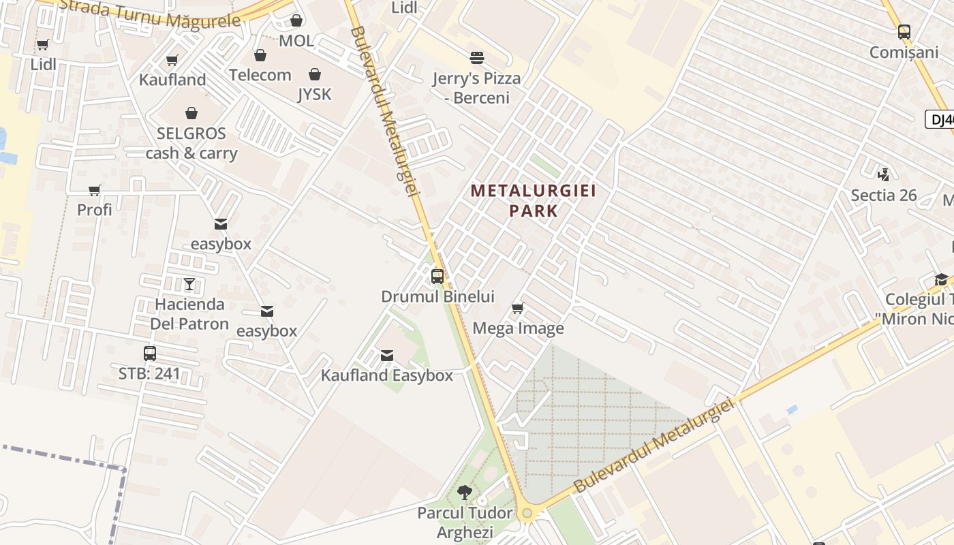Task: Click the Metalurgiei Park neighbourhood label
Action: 534,200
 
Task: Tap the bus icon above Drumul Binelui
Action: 437,277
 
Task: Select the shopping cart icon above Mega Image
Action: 518,309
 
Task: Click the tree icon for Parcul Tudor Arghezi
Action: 465,492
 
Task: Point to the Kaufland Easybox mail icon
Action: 387,356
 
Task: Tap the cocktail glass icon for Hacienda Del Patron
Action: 189,284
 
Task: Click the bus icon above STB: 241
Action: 150,354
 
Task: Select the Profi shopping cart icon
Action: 95,191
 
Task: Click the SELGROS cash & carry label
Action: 191,143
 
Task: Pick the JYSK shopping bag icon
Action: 315,74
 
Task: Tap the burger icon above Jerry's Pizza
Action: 477,58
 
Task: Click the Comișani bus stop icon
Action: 904,32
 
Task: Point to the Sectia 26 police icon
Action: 884,175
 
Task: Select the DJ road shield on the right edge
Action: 940,120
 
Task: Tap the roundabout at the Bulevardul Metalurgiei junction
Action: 526,513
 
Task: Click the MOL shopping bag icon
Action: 296,21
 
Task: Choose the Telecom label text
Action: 260,75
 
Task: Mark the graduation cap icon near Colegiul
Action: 941,279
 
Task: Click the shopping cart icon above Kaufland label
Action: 172,61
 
